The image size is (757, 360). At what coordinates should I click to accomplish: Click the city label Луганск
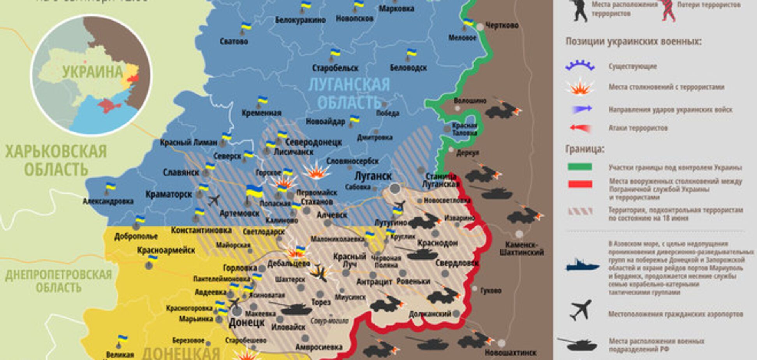pyautogui.click(x=373, y=176)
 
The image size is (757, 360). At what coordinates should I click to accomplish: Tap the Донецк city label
pyautogui.click(x=246, y=323)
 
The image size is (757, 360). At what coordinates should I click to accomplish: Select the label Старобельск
pyautogui.click(x=335, y=68)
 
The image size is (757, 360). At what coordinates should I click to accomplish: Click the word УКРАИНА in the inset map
pyautogui.click(x=93, y=72)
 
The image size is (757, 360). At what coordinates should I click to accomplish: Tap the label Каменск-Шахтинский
pyautogui.click(x=521, y=248)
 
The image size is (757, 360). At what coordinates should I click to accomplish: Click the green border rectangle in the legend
pyautogui.click(x=579, y=167)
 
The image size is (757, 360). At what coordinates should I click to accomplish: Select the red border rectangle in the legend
pyautogui.click(x=579, y=184)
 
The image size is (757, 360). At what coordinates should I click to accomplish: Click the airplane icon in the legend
pyautogui.click(x=580, y=310)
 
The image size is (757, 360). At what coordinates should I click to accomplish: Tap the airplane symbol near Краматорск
pyautogui.click(x=213, y=200)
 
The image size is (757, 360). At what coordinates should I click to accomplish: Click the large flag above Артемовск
pyautogui.click(x=254, y=191)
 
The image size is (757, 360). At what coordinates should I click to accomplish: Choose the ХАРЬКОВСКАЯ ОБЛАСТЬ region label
pyautogui.click(x=55, y=160)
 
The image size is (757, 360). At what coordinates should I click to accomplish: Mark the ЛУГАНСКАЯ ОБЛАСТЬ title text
pyautogui.click(x=349, y=93)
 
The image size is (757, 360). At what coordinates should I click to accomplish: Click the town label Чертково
pyautogui.click(x=502, y=25)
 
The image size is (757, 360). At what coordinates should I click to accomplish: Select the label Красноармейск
pyautogui.click(x=166, y=250)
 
